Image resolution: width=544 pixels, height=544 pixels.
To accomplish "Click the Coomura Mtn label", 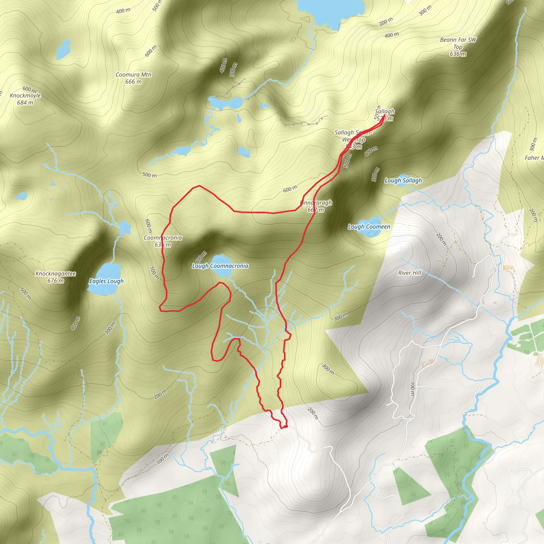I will click(133, 75).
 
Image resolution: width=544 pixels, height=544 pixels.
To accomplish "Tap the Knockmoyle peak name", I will click(25, 95).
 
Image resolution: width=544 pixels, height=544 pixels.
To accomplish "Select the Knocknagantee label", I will click(56, 273).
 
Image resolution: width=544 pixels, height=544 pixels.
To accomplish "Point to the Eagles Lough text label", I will click(106, 281).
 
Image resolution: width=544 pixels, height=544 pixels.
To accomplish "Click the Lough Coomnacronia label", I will click(220, 266).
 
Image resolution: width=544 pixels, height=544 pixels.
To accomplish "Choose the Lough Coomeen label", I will click(369, 227).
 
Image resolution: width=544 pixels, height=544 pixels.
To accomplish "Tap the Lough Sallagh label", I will click(403, 180).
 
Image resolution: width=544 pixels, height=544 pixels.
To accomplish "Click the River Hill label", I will click(409, 273).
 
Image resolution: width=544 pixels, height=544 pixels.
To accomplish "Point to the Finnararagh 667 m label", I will click(316, 206).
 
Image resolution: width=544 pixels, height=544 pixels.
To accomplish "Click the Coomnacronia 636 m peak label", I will click(163, 241).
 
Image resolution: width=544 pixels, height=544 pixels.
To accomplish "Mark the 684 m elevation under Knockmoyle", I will click(25, 103).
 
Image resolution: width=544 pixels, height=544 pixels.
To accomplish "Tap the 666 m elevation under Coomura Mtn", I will click(133, 82).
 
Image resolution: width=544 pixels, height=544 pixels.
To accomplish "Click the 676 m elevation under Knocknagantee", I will click(56, 281).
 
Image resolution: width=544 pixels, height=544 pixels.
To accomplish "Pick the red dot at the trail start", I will click(286, 427).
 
